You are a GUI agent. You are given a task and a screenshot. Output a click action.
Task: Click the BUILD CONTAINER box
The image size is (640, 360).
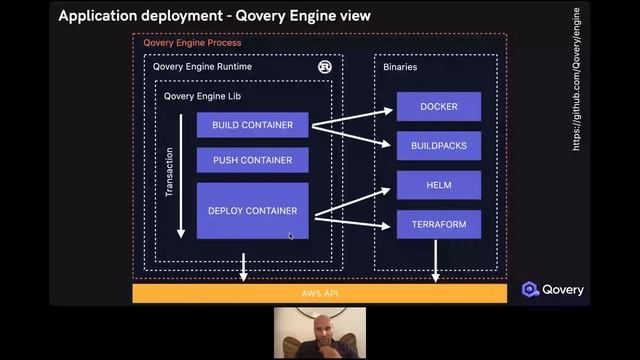[x=252, y=125]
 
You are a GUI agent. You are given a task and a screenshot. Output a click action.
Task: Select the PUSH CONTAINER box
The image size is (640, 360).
[x=252, y=160]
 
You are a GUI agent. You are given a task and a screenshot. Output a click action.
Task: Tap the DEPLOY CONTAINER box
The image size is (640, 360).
[x=252, y=211]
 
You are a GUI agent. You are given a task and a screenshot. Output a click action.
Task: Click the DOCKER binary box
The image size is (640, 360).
[x=438, y=107]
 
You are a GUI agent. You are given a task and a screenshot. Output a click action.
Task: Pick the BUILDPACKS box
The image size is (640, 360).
[x=438, y=146]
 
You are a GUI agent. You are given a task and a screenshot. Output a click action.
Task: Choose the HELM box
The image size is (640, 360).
[x=438, y=185]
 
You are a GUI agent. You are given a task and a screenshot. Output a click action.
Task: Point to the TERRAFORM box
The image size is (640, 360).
[x=438, y=224]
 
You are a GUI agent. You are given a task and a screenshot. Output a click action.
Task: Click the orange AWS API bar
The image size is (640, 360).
[x=320, y=292]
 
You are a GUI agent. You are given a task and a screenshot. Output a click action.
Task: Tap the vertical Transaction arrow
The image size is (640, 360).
[x=181, y=176]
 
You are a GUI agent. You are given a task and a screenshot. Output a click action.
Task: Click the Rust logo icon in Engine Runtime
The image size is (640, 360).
[x=325, y=67]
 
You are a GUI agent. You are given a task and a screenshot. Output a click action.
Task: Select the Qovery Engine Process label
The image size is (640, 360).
[x=192, y=43]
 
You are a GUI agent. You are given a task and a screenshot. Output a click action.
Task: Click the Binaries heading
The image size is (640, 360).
[x=400, y=67]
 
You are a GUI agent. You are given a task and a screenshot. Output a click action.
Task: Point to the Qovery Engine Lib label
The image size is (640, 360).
[x=203, y=96]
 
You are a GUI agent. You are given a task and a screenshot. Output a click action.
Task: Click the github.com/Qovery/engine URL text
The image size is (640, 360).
[x=576, y=80]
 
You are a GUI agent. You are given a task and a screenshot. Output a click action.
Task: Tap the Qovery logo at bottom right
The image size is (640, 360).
[x=552, y=290]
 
